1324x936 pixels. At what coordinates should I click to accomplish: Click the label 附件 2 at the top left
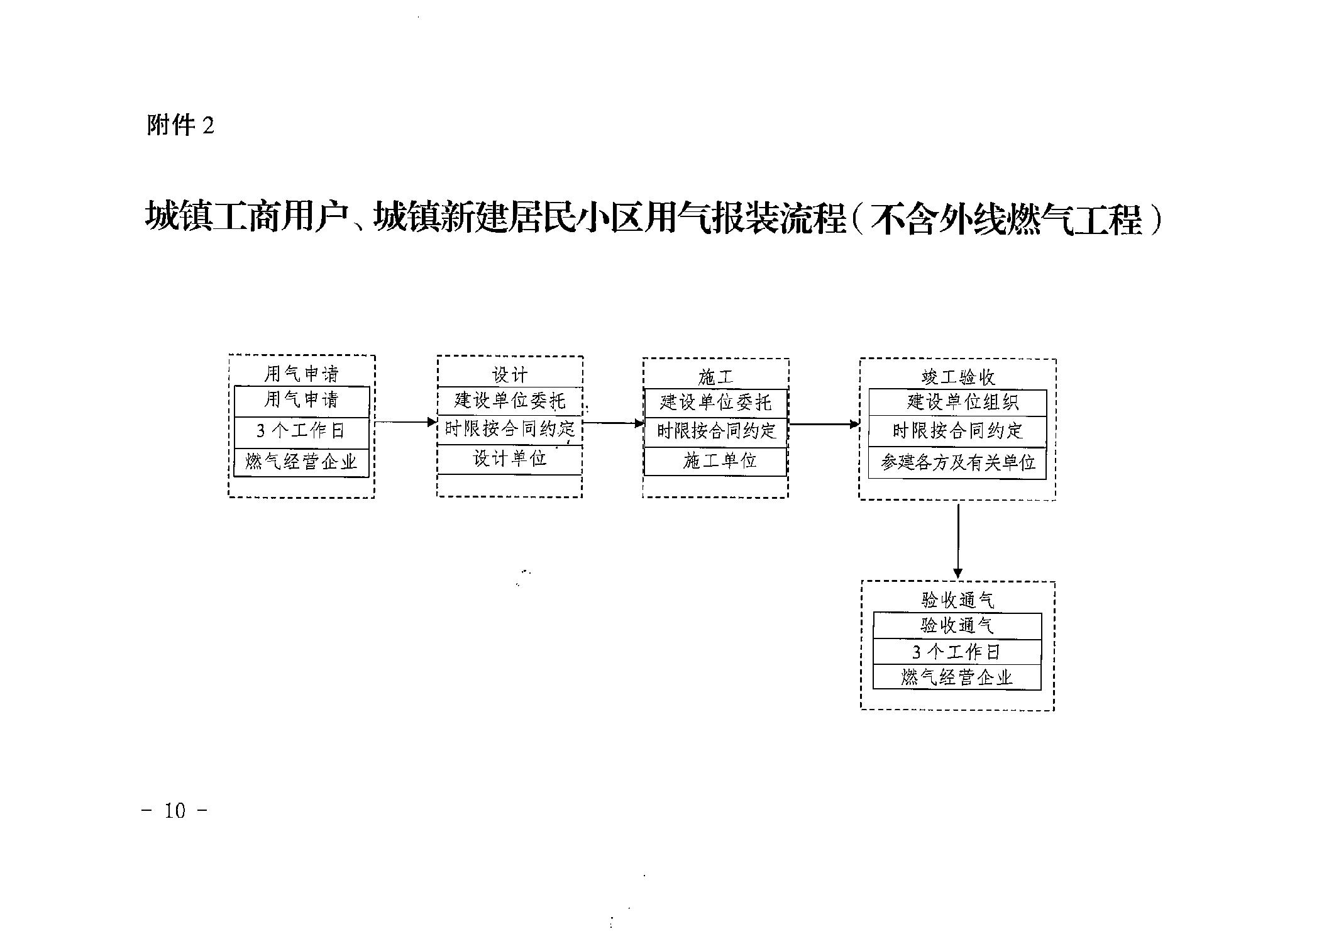(180, 125)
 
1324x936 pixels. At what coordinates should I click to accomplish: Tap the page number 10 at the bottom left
(175, 811)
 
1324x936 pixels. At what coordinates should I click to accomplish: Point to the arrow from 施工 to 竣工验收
(824, 424)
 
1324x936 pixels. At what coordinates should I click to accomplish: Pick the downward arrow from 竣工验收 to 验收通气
(957, 540)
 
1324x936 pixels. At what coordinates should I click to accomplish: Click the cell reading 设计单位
(510, 459)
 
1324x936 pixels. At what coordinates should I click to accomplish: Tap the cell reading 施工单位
(715, 462)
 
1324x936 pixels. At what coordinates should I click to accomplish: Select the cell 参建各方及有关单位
(957, 464)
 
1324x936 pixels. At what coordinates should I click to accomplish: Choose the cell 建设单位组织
(957, 403)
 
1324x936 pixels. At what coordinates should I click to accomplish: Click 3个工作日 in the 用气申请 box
(301, 432)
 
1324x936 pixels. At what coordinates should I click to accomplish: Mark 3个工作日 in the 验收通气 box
(957, 652)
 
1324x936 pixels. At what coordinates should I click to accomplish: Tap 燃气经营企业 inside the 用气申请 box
(301, 462)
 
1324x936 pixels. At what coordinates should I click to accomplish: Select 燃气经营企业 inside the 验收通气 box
(957, 677)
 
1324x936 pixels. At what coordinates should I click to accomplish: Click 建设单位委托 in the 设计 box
(510, 401)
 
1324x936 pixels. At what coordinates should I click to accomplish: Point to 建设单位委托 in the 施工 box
(715, 403)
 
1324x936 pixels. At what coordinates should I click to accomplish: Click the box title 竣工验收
(958, 377)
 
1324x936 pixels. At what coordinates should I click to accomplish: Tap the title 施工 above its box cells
(715, 377)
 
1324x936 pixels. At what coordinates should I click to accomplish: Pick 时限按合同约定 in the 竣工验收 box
(957, 432)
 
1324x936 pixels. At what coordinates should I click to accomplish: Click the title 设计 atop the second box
(510, 376)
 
